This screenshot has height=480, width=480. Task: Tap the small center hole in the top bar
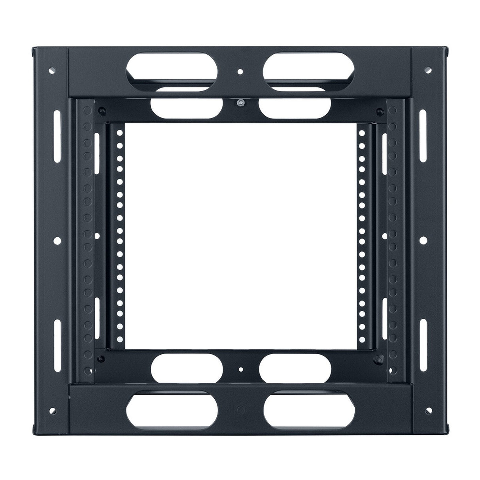(240, 72)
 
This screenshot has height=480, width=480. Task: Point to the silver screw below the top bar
(240, 102)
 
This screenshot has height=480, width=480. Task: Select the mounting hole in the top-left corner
(51, 71)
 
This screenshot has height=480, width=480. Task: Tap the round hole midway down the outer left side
(57, 240)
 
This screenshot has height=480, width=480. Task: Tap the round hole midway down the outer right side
(423, 240)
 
